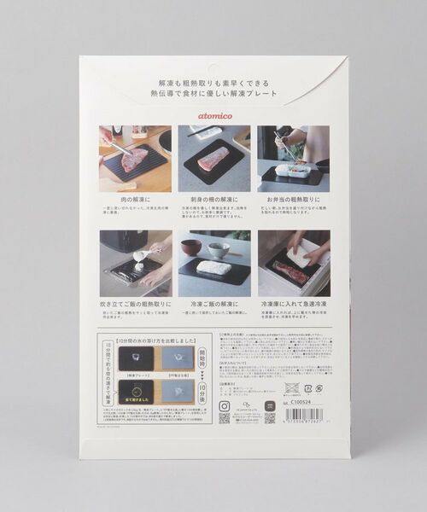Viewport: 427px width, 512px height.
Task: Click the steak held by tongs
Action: point(135,160)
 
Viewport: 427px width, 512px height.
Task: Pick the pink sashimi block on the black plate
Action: point(212,159)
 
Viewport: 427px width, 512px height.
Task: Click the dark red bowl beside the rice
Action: point(192,247)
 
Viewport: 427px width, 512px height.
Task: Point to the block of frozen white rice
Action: point(214,268)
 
